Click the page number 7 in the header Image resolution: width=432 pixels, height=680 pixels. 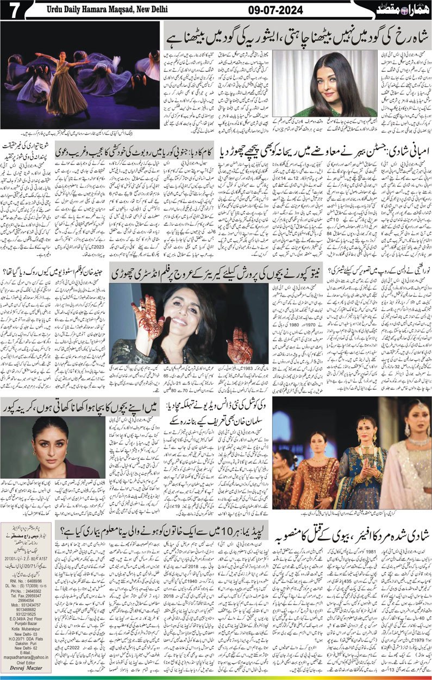(x=12, y=10)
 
